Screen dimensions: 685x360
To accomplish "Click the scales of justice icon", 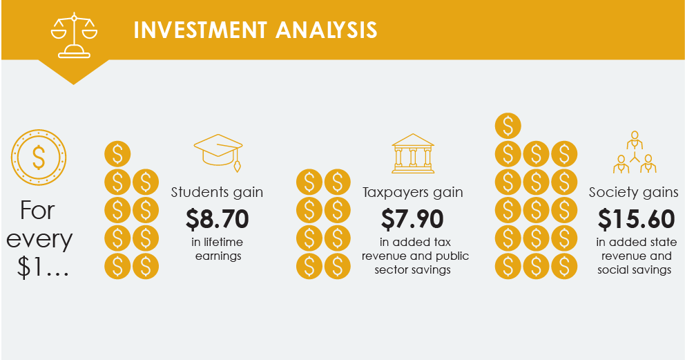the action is click(74, 35).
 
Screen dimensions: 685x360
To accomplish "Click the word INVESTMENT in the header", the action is click(200, 30).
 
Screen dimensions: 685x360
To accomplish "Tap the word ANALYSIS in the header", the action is click(327, 30).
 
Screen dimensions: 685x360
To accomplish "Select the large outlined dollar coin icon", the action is click(39, 158).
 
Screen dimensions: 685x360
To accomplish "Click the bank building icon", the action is click(413, 153).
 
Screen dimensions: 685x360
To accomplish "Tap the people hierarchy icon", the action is click(635, 152).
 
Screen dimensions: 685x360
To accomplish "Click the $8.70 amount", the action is click(217, 219).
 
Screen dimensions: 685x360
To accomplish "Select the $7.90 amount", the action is click(412, 219).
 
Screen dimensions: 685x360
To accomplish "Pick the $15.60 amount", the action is click(637, 219).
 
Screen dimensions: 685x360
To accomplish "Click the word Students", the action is click(197, 192).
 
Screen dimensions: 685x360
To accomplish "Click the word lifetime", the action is click(223, 242).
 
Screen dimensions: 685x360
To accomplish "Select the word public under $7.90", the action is click(452, 256).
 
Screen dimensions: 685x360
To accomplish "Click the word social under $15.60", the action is click(612, 269).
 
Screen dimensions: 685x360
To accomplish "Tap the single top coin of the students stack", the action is click(117, 154).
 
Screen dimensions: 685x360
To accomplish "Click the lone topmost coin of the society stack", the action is click(508, 126).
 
